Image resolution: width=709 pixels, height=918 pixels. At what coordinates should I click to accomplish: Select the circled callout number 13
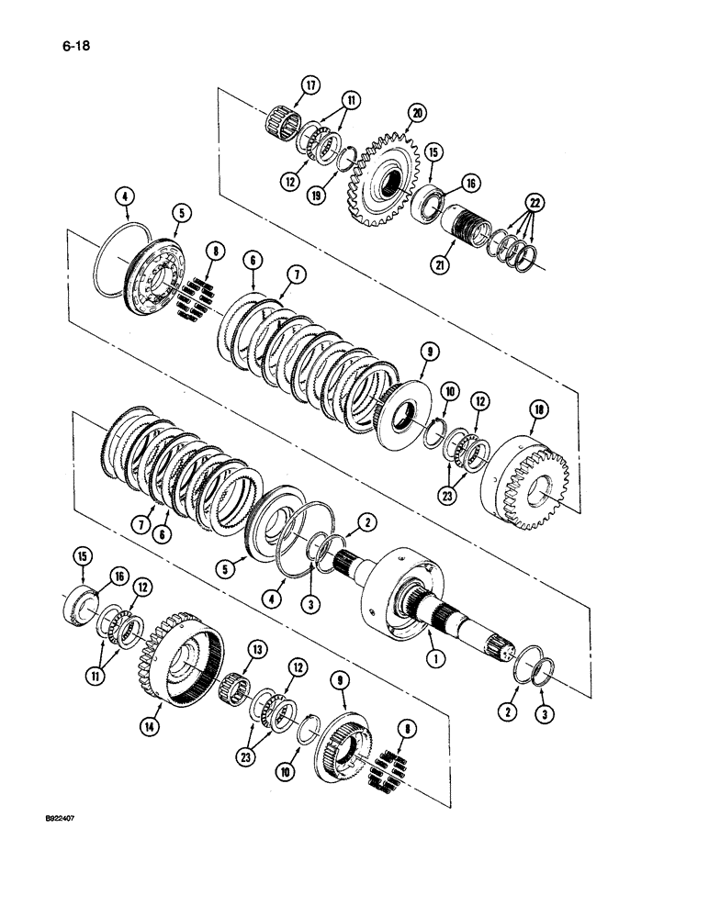pyautogui.click(x=257, y=650)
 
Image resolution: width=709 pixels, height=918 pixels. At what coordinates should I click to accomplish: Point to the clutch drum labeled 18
pyautogui.click(x=525, y=483)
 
